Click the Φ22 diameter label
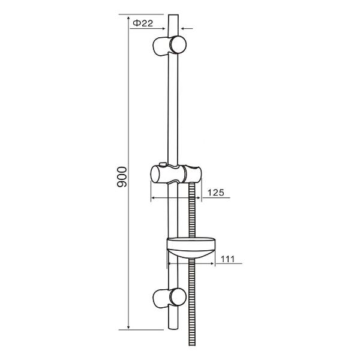point(143,23)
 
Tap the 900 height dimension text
point(122,177)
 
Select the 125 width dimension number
point(215,193)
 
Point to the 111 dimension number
point(227,259)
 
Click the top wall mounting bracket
point(169,45)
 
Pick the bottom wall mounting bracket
point(169,298)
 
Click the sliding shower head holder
point(176,174)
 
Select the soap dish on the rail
point(191,248)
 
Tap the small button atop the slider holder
point(163,164)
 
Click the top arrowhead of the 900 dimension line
point(128,18)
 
